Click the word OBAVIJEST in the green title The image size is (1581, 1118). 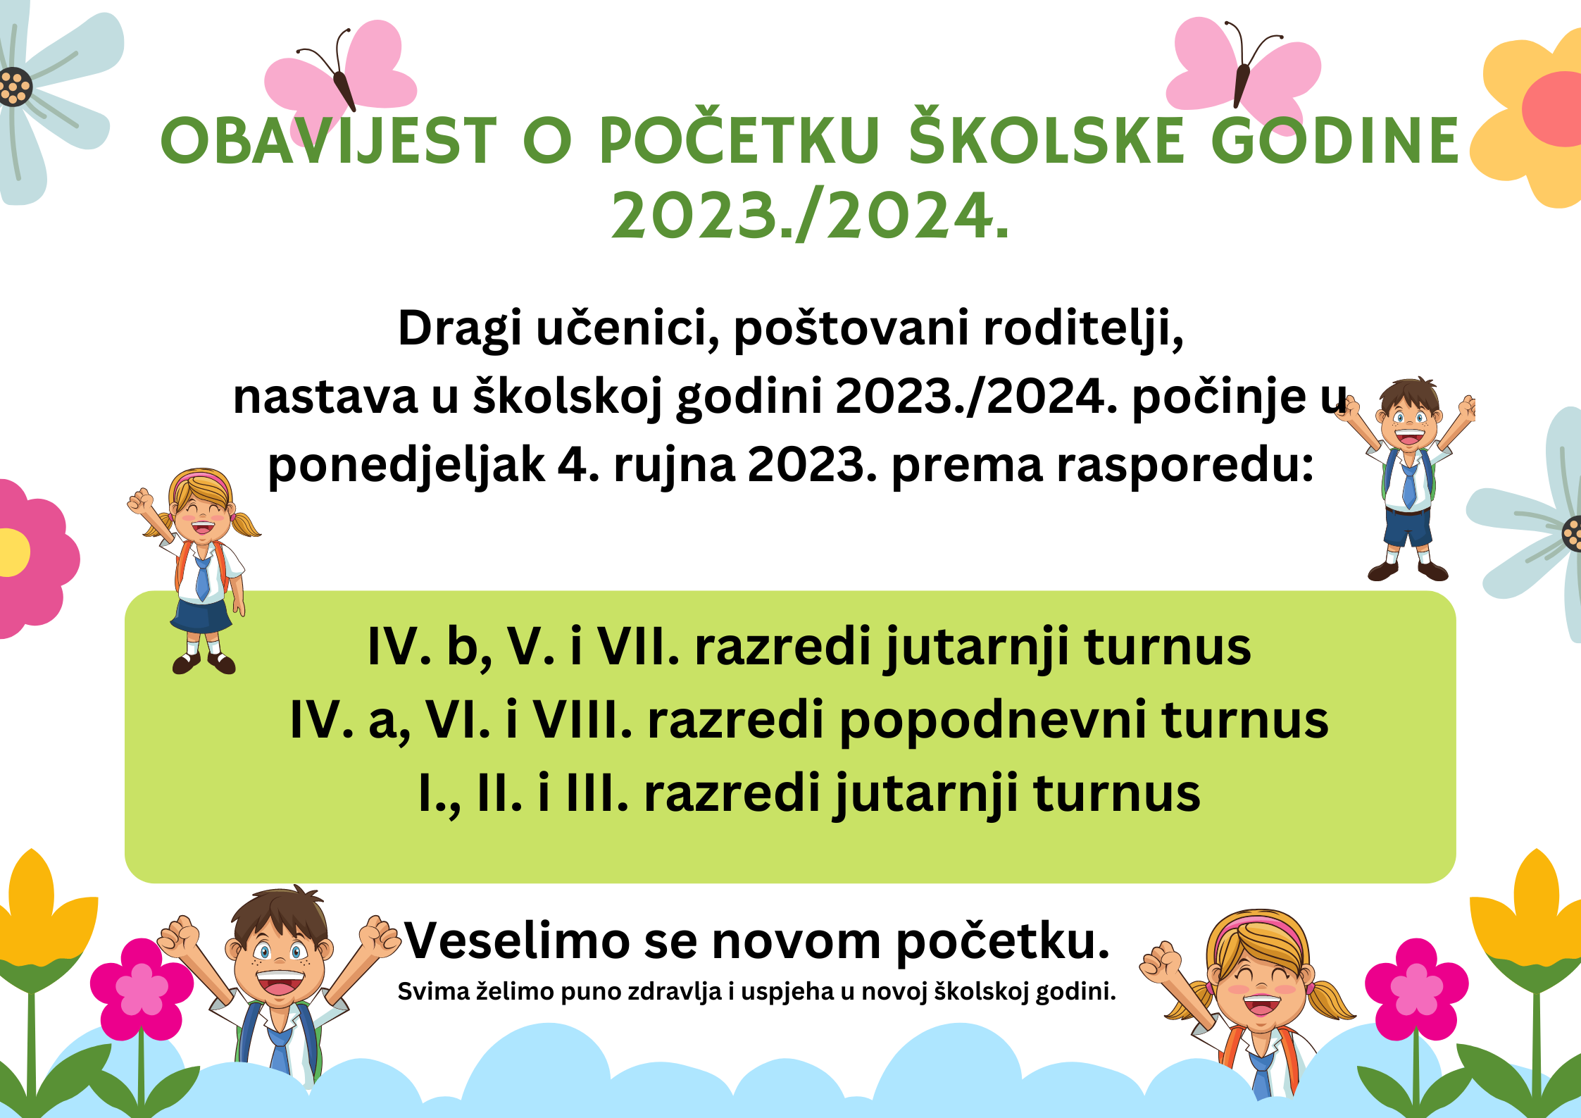pos(329,140)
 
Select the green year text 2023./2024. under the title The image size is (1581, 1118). pos(811,216)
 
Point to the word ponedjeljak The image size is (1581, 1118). pos(406,466)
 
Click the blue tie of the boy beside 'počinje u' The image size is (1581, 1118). pos(1408,485)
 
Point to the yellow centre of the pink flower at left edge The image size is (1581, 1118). pos(13,552)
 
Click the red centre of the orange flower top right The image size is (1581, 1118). pos(1554,108)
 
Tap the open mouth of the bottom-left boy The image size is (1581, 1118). pos(280,982)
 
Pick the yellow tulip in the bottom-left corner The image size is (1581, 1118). pos(35,909)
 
